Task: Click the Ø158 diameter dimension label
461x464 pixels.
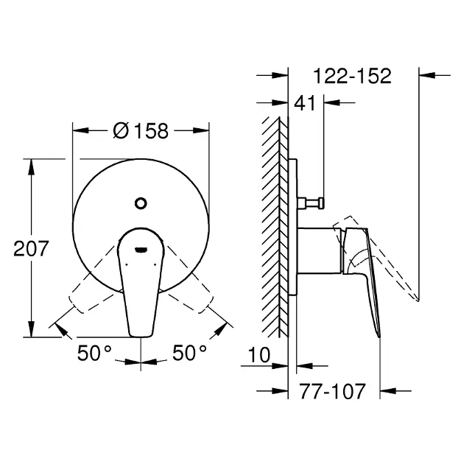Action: [141, 130]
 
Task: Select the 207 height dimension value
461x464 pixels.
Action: [31, 249]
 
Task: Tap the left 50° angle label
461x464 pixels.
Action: [94, 353]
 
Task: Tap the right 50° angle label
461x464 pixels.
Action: [189, 353]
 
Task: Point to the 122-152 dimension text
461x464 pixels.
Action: [353, 76]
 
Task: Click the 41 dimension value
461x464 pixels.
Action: [305, 103]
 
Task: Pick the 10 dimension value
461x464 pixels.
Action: [259, 355]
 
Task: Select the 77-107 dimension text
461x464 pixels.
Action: [333, 391]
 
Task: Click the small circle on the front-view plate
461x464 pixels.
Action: [141, 203]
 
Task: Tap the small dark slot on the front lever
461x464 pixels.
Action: [141, 250]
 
